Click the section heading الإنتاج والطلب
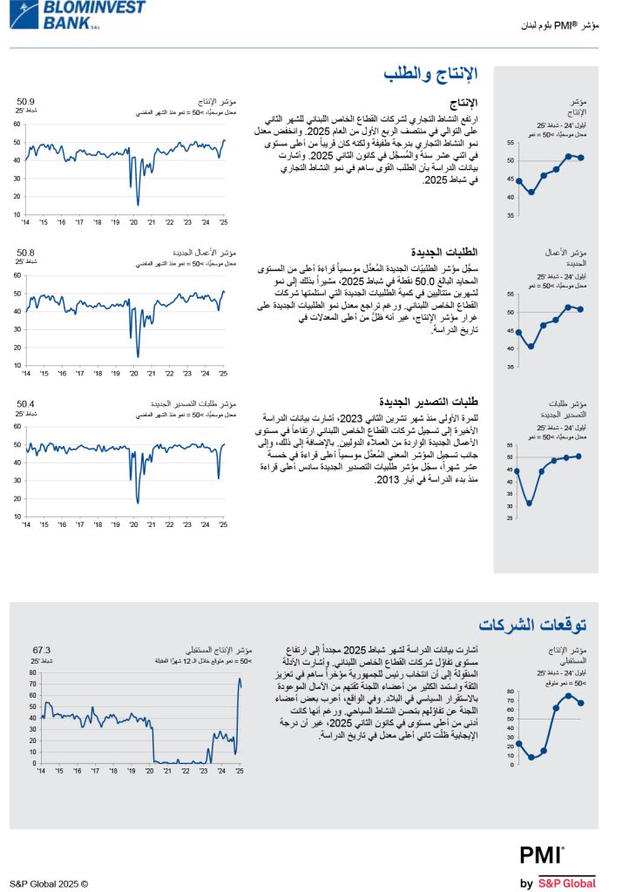point(430,75)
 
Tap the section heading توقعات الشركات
point(533,624)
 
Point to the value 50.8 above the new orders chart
point(26,253)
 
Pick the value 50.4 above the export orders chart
point(26,403)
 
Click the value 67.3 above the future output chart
point(42,650)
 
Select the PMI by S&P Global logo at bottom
point(558,868)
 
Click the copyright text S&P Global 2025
point(49,883)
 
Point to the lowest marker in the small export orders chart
point(530,503)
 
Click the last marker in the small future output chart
point(581,703)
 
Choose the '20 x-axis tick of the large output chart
point(133,222)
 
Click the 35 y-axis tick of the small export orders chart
point(511,494)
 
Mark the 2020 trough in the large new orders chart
point(138,355)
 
